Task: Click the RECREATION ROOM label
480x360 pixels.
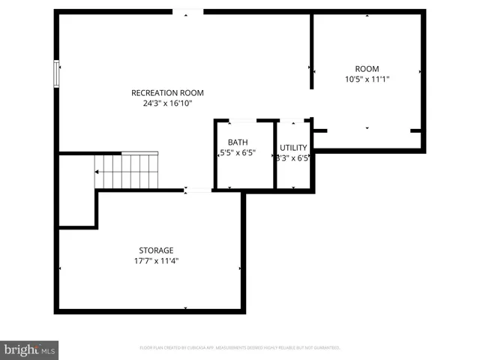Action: click(x=167, y=93)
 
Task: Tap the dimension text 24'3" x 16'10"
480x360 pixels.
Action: click(x=167, y=104)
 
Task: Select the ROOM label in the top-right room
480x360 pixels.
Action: click(x=367, y=67)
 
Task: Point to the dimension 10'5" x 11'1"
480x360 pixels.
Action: click(x=367, y=79)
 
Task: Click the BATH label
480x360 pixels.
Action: click(x=238, y=142)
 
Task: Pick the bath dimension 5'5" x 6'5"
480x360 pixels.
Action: click(x=238, y=154)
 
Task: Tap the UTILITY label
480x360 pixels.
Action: click(x=293, y=148)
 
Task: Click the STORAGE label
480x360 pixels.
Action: click(x=156, y=250)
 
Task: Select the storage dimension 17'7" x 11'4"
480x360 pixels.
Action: click(x=156, y=261)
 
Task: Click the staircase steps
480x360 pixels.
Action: click(x=127, y=171)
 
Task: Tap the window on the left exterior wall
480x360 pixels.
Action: click(x=55, y=73)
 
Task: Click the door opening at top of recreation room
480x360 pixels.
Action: click(x=187, y=12)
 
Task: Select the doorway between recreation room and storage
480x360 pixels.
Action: click(x=198, y=190)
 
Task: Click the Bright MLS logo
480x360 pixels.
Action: click(x=29, y=349)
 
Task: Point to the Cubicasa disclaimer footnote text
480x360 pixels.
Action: click(x=240, y=348)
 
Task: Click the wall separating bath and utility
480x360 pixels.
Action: click(x=275, y=154)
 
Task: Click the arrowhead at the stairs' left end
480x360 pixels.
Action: click(x=97, y=172)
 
